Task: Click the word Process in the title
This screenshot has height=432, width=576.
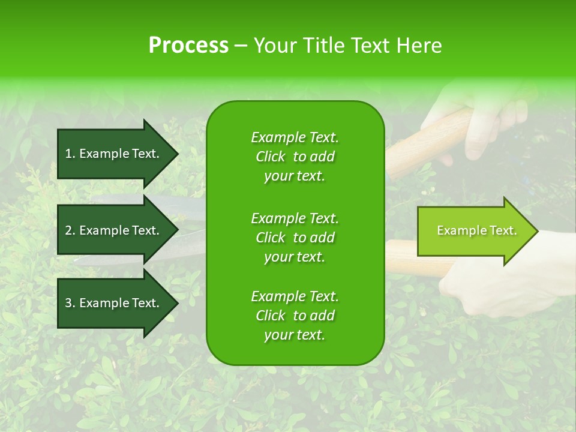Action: click(x=188, y=46)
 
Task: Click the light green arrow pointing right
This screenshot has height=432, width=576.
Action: click(x=474, y=231)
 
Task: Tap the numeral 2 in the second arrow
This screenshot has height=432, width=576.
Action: click(x=68, y=230)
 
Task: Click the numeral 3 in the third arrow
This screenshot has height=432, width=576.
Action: click(x=68, y=303)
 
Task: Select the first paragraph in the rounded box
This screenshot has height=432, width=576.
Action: click(x=295, y=157)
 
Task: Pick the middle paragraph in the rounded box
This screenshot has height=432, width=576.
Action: click(x=295, y=237)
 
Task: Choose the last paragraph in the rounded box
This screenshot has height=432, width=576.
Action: click(x=295, y=316)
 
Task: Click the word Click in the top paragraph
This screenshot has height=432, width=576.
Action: click(x=271, y=157)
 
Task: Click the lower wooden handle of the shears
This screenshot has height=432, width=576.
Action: click(x=414, y=257)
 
